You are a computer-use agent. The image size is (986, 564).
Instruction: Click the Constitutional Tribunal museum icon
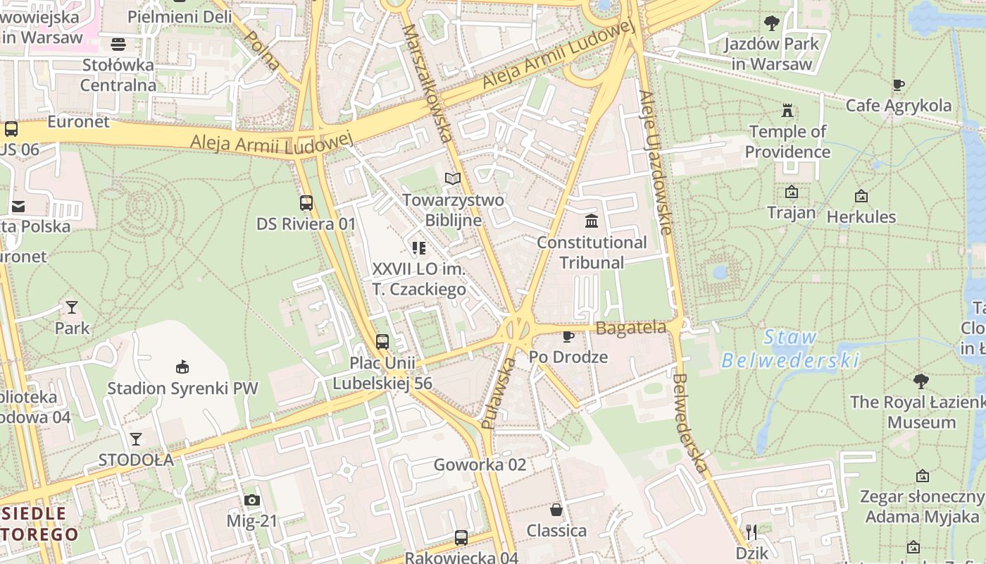[592, 221]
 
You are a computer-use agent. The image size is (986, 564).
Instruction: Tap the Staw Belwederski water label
[790, 349]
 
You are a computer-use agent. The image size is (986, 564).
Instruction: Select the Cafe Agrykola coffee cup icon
[898, 85]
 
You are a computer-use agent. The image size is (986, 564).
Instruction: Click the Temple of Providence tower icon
[787, 111]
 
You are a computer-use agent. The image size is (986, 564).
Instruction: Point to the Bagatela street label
[631, 328]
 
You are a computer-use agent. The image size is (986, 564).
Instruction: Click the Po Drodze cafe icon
[568, 336]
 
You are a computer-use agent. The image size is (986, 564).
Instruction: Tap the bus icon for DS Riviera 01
[306, 203]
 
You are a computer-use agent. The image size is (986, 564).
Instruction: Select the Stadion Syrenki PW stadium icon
[182, 367]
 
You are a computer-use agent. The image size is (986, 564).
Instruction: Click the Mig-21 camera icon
[251, 500]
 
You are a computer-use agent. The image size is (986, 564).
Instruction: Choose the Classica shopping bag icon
[556, 509]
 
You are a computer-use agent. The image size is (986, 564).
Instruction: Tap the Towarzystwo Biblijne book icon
[453, 179]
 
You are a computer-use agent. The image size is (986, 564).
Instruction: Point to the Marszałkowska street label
[428, 83]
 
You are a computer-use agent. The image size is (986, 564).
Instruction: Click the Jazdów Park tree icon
[772, 23]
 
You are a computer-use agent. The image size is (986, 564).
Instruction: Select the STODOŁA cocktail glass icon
[136, 439]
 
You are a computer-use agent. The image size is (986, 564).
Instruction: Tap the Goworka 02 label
[480, 465]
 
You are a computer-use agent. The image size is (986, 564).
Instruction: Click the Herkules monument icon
[861, 196]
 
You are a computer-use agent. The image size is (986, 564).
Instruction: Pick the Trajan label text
[791, 212]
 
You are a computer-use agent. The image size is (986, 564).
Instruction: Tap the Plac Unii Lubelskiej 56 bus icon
[382, 342]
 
